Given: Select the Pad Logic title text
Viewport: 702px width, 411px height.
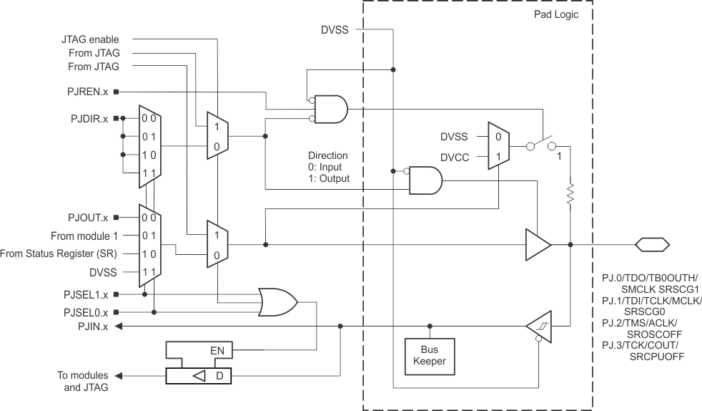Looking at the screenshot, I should [556, 14].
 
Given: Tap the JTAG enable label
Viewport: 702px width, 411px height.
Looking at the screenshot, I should [90, 39].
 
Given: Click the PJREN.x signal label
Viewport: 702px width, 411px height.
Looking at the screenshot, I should [87, 92].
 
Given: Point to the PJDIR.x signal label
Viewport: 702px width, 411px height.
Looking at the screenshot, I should [88, 118].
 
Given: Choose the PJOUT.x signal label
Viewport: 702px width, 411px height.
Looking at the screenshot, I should [87, 217].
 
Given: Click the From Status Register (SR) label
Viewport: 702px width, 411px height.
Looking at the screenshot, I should [59, 253].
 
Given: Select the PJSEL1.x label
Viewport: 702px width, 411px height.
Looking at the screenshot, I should [85, 294].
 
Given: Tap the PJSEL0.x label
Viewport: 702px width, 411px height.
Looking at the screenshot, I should [85, 312].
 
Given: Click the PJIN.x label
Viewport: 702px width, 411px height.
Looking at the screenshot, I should [93, 327].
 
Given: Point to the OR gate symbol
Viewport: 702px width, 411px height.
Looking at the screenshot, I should [279, 302].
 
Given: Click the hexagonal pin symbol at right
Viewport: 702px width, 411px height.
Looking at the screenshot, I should [652, 245].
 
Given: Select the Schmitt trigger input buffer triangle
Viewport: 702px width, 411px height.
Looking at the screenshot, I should [540, 327].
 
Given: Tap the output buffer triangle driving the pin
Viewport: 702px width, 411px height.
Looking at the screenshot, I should [538, 245].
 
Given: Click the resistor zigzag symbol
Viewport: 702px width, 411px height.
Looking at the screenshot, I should [570, 194].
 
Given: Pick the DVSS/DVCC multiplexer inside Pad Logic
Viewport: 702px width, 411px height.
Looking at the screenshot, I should [498, 145].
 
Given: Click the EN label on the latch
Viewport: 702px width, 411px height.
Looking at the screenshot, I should [219, 351].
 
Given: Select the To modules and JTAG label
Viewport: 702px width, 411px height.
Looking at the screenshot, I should [83, 381].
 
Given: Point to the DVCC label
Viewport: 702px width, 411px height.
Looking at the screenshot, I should [454, 155].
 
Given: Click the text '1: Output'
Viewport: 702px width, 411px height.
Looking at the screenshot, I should [329, 178].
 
